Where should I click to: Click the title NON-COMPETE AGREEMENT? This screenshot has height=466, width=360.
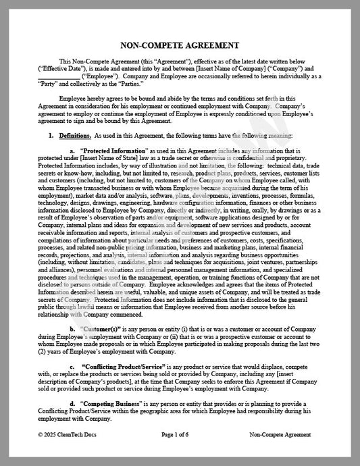180,45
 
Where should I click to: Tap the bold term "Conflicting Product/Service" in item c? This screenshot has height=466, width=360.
117,366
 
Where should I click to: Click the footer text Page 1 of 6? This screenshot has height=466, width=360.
179,435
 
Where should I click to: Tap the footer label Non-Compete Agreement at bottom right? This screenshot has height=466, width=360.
280,435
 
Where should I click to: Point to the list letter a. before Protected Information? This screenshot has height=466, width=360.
73,150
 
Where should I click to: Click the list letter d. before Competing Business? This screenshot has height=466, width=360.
73,403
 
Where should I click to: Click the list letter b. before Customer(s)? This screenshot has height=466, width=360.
73,329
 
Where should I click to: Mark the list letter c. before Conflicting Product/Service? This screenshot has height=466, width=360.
72,366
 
